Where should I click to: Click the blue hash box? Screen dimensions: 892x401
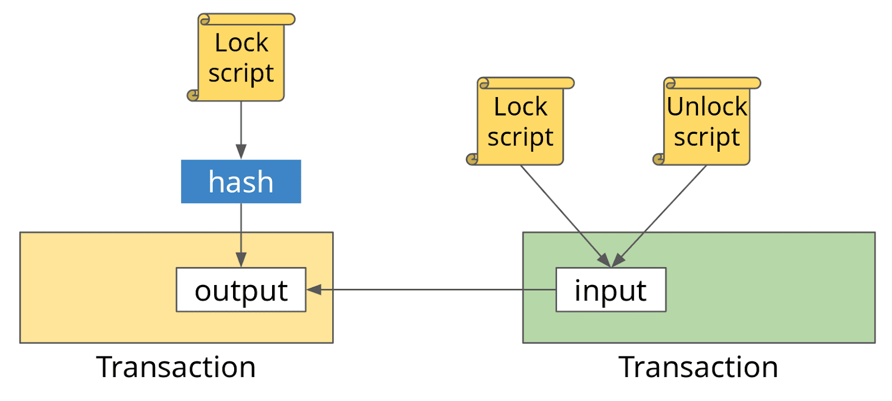click(241, 182)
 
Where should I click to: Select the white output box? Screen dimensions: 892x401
click(241, 289)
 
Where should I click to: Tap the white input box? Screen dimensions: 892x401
click(611, 289)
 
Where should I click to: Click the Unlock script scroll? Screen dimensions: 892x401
click(707, 121)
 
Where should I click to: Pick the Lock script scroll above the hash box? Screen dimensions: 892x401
click(241, 57)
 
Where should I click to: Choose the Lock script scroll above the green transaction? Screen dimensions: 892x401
click(520, 121)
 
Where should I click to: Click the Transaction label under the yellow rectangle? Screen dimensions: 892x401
click(176, 367)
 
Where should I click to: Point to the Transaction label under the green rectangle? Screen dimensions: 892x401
click(698, 367)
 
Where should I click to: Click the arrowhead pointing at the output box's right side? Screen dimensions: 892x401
click(314, 289)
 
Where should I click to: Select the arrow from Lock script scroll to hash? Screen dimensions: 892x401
click(241, 131)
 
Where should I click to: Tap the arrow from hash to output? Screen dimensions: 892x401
click(241, 235)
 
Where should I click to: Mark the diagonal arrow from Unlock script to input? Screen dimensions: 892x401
click(658, 216)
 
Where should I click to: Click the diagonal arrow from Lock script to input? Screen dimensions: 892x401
click(566, 216)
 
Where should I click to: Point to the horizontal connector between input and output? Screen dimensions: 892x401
click(432, 289)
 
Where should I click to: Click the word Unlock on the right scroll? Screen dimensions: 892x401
click(707, 107)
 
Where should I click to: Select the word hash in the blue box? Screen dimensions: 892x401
click(241, 182)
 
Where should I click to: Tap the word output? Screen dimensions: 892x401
click(241, 292)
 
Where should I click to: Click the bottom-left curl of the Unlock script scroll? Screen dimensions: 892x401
click(659, 160)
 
